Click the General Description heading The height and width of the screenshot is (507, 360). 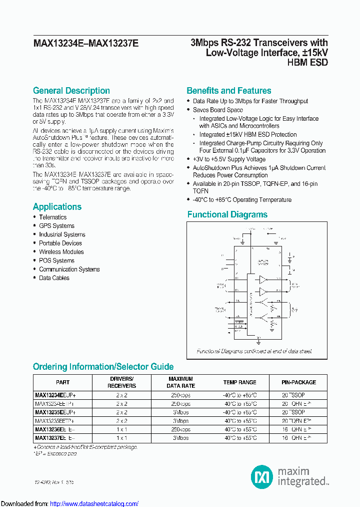[71, 91]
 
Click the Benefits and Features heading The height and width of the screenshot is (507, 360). [228, 91]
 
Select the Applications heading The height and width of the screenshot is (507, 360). [57, 207]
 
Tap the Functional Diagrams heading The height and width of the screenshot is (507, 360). [227, 214]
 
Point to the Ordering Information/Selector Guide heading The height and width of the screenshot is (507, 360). [103, 367]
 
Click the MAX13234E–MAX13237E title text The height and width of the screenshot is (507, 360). [85, 44]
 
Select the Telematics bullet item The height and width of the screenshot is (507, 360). [52, 217]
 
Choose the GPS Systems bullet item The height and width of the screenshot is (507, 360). [56, 226]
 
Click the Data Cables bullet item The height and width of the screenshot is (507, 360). [54, 278]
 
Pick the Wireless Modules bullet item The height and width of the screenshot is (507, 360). [61, 252]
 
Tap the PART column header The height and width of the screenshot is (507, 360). [63, 382]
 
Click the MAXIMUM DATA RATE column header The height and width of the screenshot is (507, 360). [180, 382]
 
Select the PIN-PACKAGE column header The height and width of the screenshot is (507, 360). [299, 382]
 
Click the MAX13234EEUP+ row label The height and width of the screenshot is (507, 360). [55, 395]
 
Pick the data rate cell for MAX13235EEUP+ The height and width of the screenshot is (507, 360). [180, 412]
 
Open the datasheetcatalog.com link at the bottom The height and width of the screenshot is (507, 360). [94, 503]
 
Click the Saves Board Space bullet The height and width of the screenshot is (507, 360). [217, 110]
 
